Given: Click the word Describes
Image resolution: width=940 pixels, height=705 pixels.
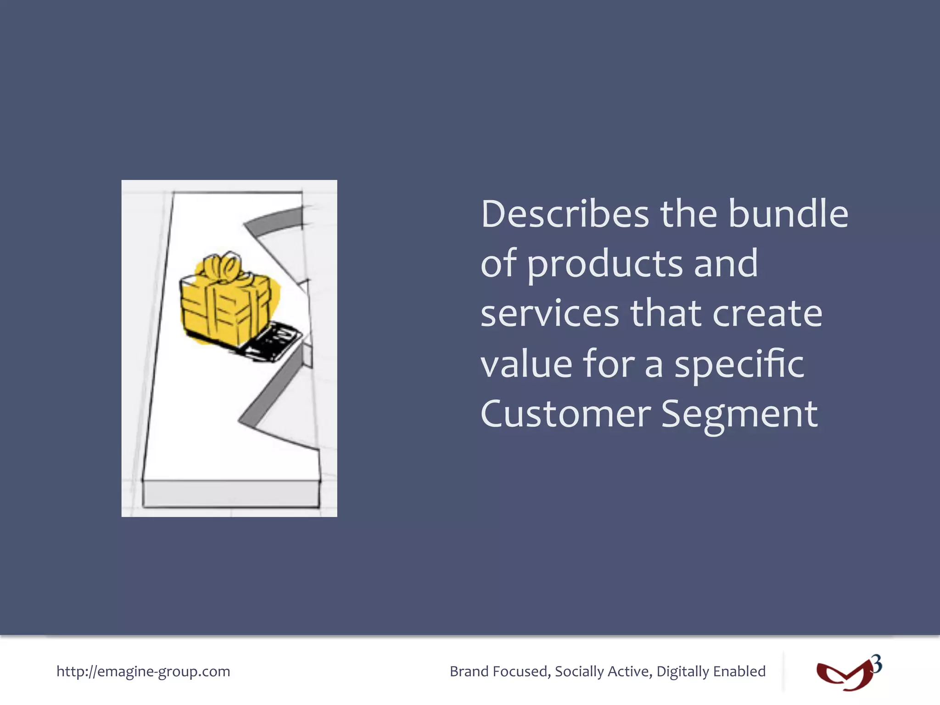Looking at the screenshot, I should pyautogui.click(x=565, y=214).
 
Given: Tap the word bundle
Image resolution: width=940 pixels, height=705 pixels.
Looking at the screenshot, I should pyautogui.click(x=788, y=214).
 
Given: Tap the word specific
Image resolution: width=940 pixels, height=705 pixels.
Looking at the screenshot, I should pyautogui.click(x=739, y=365).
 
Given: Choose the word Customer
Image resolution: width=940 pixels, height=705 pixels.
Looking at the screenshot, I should pyautogui.click(x=565, y=414).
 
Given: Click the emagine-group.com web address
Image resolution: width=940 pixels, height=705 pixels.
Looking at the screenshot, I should pyautogui.click(x=143, y=671).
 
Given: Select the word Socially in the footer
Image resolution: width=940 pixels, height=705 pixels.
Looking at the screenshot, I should pyautogui.click(x=579, y=671).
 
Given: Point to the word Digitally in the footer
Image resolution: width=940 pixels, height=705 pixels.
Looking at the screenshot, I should pyautogui.click(x=682, y=671).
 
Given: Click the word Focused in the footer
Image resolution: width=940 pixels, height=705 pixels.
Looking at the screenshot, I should pyautogui.click(x=521, y=671).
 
